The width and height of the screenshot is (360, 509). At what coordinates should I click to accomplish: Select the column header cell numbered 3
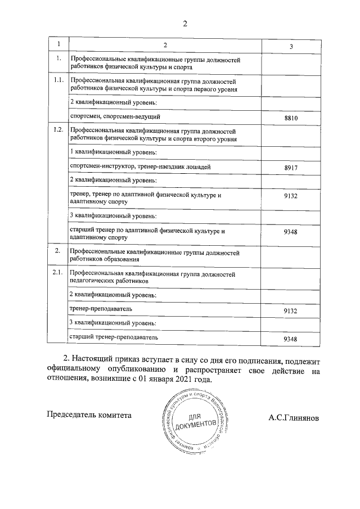click(291, 46)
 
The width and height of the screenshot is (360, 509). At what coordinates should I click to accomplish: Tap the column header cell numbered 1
click(57, 44)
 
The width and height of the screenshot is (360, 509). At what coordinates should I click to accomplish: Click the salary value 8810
click(291, 118)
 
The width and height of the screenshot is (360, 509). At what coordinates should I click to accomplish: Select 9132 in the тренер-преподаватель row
click(291, 310)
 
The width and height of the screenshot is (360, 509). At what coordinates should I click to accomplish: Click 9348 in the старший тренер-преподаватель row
click(291, 339)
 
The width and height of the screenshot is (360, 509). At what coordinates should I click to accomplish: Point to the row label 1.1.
click(57, 80)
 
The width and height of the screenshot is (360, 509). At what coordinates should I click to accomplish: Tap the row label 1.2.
click(57, 130)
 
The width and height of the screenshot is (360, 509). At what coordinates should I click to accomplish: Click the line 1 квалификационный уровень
click(112, 152)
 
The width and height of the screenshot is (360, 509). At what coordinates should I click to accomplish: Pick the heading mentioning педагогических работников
click(152, 276)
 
